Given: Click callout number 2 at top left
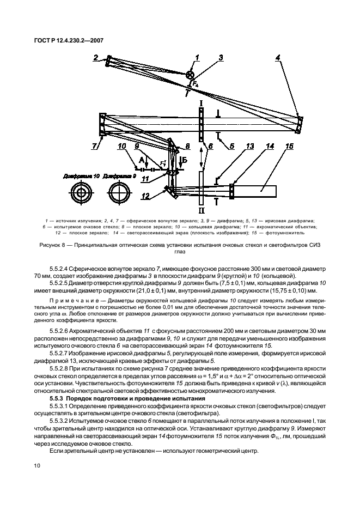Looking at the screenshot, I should coord(96,57).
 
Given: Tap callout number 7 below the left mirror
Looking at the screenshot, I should coord(96,147).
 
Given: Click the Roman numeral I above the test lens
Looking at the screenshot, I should coord(201,102).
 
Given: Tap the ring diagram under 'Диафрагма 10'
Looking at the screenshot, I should coord(81,193).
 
